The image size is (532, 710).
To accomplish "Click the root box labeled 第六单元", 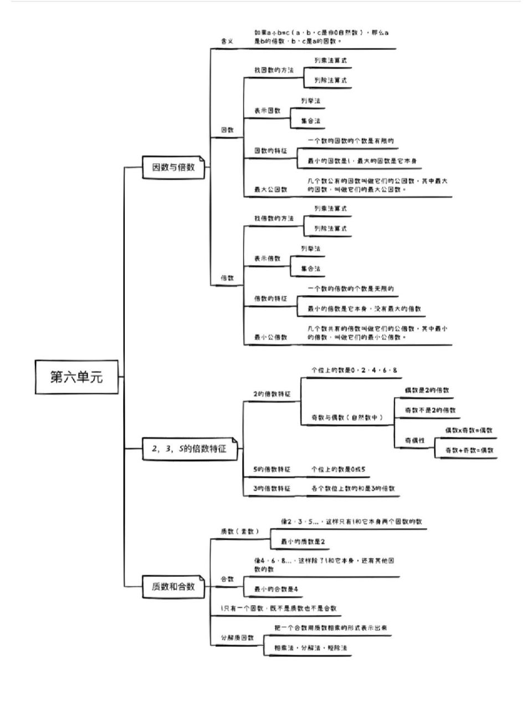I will [76, 377].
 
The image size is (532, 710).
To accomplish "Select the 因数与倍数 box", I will [173, 166].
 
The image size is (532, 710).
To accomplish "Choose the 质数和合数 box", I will [173, 586].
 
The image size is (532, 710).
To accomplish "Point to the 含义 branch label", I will [227, 41].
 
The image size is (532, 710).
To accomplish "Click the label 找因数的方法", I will [274, 70].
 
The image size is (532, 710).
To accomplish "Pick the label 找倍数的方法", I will [274, 219].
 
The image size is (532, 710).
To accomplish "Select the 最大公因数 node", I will [270, 189].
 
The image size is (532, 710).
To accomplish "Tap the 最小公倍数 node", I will [270, 337].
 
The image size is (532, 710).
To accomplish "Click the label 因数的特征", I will [270, 151].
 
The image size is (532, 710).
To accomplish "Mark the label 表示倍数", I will [267, 258].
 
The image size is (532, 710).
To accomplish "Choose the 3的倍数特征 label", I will [272, 489].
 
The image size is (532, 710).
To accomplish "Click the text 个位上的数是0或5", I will [338, 469].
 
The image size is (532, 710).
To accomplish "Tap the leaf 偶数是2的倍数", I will [427, 390].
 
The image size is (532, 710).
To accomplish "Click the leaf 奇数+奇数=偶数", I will [469, 450].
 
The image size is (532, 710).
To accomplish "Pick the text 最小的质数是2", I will [303, 541].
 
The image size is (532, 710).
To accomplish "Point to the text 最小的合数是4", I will [276, 589].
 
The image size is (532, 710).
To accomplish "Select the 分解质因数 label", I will [237, 638].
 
